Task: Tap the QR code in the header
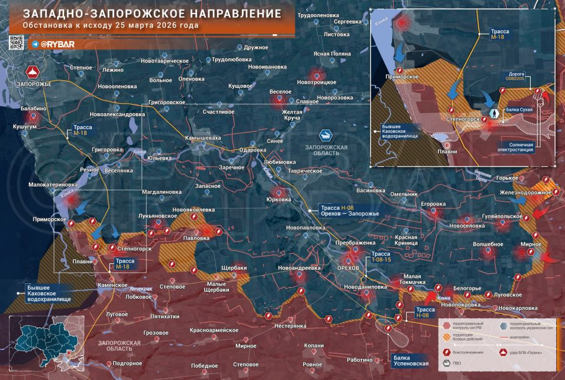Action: tap(16, 42)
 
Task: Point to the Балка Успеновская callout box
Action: tap(411, 361)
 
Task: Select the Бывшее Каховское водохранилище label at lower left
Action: tap(50, 293)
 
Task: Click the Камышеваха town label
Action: tap(203, 138)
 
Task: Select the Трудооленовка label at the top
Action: tap(318, 14)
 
